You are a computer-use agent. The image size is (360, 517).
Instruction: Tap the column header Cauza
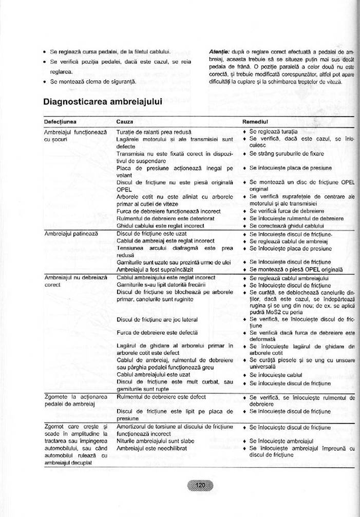click(x=125, y=122)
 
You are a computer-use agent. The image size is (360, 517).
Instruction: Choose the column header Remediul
click(x=255, y=122)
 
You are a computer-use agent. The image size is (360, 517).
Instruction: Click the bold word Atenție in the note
click(x=219, y=52)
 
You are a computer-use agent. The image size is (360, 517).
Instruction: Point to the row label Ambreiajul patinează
click(x=71, y=233)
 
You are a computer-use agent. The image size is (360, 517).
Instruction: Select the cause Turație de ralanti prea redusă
click(x=154, y=132)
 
